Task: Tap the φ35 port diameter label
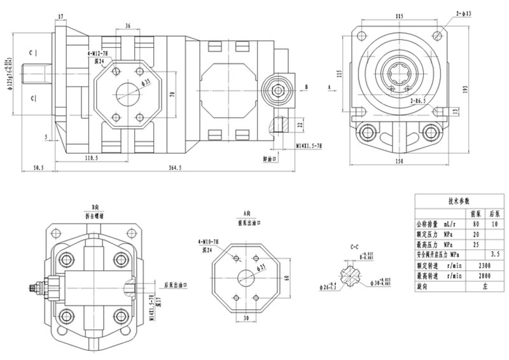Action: point(147,83)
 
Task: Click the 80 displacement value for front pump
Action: point(474,223)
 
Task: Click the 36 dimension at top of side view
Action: point(129,26)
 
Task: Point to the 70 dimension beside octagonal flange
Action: point(171,94)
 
